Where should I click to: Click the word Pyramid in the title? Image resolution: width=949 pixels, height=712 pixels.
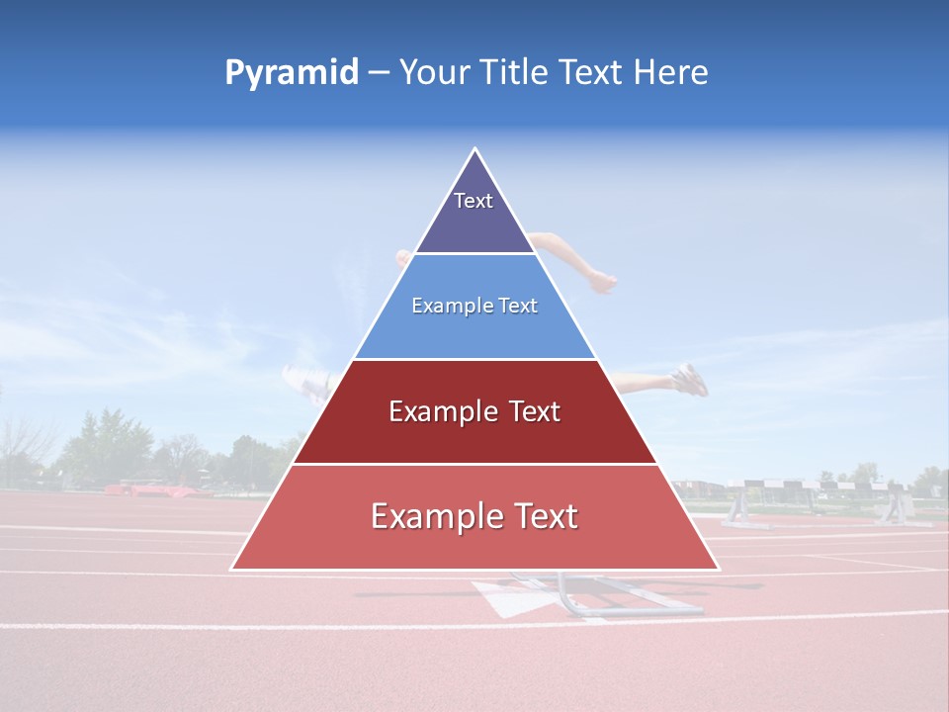[x=291, y=73]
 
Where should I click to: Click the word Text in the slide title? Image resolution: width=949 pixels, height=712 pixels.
[x=591, y=73]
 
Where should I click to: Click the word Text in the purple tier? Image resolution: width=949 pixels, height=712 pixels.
[x=474, y=201]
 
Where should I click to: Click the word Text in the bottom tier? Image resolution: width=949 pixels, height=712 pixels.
[x=540, y=516]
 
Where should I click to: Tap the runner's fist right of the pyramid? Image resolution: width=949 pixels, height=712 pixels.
[x=602, y=283]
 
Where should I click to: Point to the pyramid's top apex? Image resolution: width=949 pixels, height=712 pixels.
[x=475, y=149]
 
